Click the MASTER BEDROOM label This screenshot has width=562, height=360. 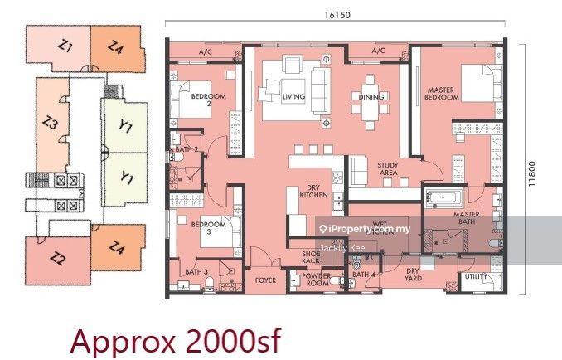coord(442,93)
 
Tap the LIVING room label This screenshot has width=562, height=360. coord(293,97)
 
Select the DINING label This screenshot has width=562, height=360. coord(371,97)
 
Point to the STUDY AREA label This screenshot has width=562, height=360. coord(389,169)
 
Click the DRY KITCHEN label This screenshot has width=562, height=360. coord(314,191)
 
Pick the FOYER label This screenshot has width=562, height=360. coord(265,280)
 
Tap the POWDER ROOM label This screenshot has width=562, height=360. coord(316,280)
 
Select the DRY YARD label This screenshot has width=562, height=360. coord(412,274)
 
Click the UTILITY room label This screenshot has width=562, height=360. coord(477,275)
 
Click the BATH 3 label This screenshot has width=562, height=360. coord(196,271)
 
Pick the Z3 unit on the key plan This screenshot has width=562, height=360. coord(51,124)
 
